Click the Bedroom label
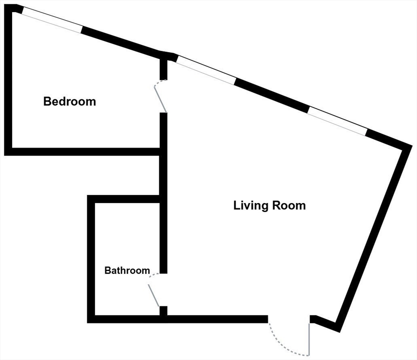pos(69,101)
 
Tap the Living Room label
pos(269,205)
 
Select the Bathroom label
pos(127,270)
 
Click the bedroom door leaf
pos(161,97)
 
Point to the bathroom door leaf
pos(154,295)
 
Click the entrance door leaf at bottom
pos(309,339)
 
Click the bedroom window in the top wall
pos(52,22)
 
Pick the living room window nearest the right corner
pos(336,121)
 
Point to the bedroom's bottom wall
pos(84,151)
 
